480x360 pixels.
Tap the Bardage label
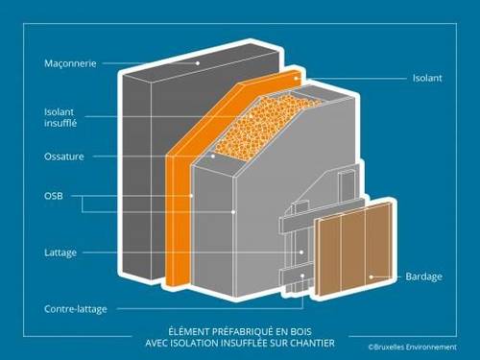click(423, 277)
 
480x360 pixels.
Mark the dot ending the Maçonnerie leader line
click(199, 64)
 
